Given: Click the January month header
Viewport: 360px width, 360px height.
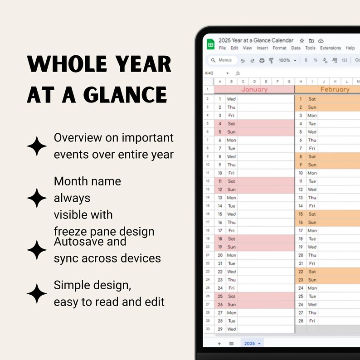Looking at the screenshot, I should [x=254, y=89].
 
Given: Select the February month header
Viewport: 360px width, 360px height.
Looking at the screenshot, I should [x=335, y=89].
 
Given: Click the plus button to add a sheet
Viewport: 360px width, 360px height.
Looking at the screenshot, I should [x=219, y=343].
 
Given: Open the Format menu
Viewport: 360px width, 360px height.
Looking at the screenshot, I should [x=279, y=48].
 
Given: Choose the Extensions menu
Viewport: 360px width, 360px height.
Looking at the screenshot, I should [x=330, y=48].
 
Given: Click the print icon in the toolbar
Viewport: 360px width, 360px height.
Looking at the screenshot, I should [x=262, y=60].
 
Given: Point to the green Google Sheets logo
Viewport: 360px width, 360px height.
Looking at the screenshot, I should [x=211, y=44].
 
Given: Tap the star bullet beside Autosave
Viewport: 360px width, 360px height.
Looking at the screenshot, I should [x=37, y=250].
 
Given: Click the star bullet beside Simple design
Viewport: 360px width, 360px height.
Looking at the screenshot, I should [x=37, y=294].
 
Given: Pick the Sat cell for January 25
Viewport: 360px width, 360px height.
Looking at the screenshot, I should [x=231, y=297].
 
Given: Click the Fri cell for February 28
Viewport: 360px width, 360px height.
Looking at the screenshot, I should [x=312, y=321].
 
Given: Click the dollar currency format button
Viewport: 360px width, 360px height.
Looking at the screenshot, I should [x=306, y=60].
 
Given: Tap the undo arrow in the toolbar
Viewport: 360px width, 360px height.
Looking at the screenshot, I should [x=243, y=60].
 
